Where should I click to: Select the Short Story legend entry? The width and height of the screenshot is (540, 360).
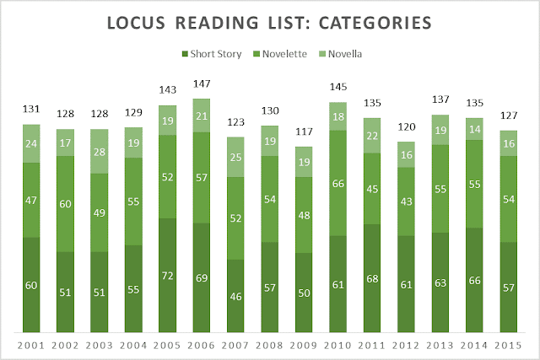pyautogui.click(x=211, y=55)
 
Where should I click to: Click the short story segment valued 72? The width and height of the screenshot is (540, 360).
pyautogui.click(x=169, y=276)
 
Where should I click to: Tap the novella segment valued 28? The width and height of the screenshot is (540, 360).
pyautogui.click(x=100, y=151)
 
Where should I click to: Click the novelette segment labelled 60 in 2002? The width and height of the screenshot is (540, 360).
pyautogui.click(x=66, y=203)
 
